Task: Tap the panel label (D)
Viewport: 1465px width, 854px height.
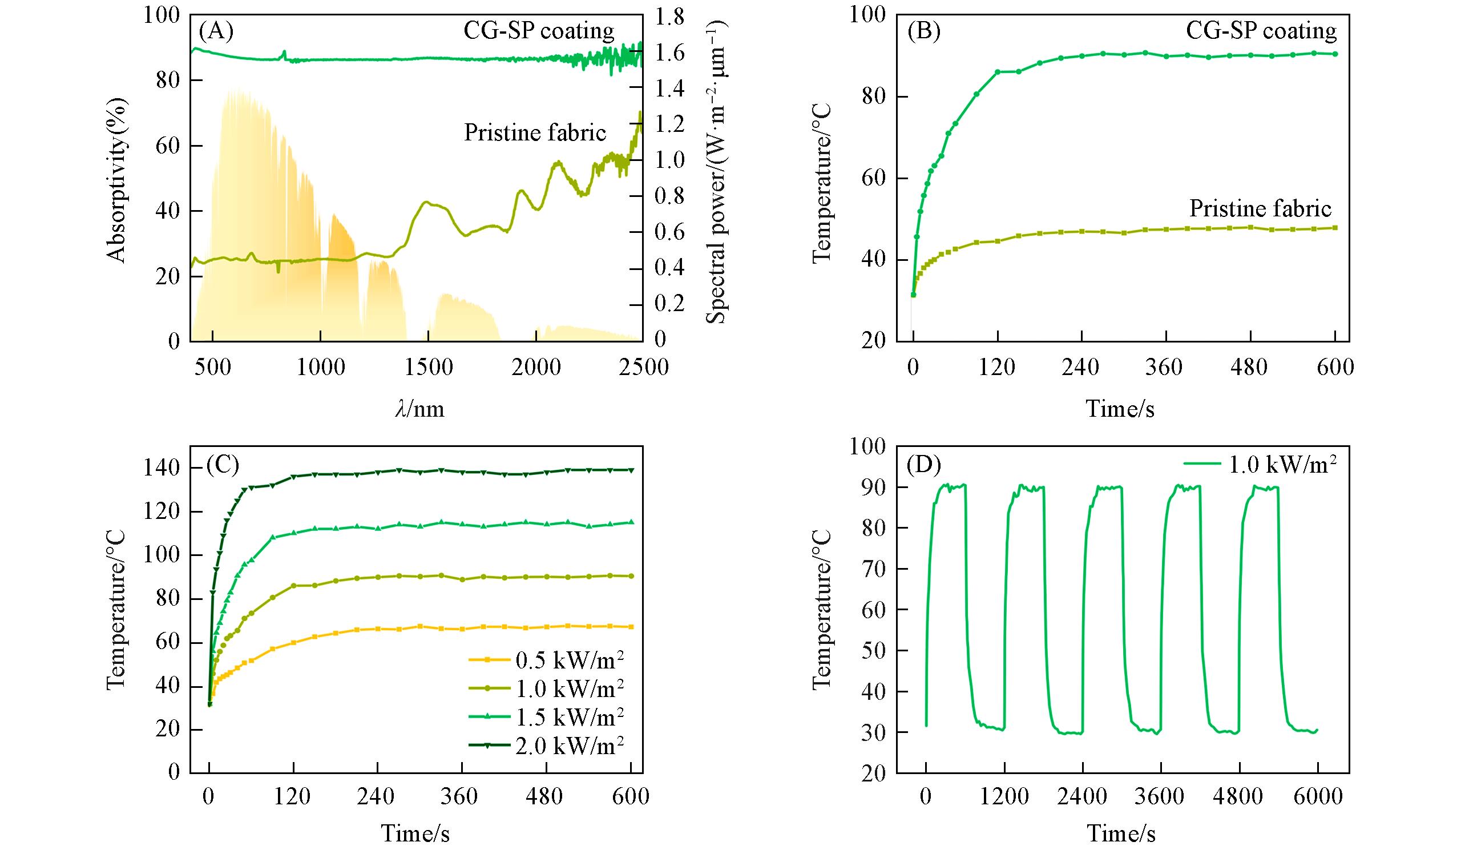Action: point(923,465)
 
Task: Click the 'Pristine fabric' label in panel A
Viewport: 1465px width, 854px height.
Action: point(535,133)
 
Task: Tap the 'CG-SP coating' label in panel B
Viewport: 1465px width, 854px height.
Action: point(1261,31)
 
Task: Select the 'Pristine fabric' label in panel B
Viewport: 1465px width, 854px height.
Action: point(1260,209)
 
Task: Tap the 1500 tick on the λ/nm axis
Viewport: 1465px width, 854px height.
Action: point(428,368)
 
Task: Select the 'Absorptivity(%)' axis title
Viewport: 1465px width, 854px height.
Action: point(117,180)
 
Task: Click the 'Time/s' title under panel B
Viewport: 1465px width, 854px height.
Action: point(1120,409)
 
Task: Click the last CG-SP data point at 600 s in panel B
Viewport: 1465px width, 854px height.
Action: point(1335,54)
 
